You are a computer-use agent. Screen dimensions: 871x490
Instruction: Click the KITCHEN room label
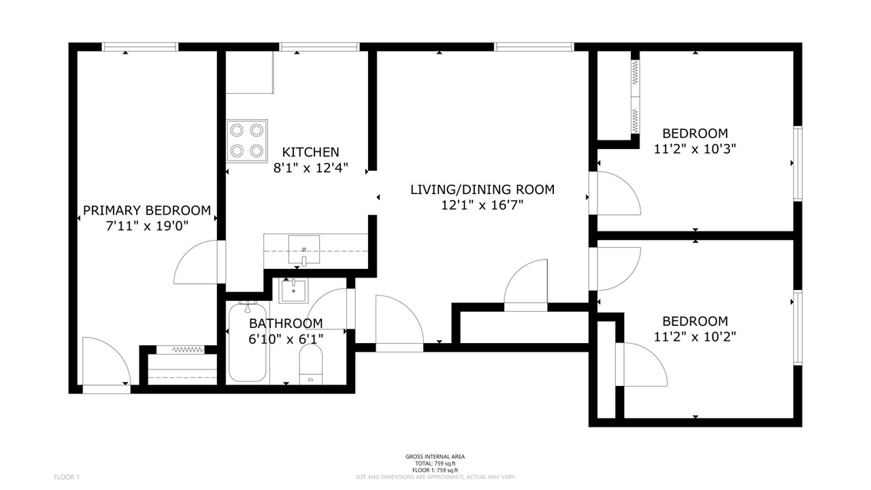(x=310, y=152)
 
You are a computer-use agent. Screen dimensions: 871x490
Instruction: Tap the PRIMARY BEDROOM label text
(x=147, y=210)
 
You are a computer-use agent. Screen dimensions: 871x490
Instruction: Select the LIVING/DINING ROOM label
(x=482, y=190)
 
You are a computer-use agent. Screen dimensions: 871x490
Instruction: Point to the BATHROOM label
(x=286, y=323)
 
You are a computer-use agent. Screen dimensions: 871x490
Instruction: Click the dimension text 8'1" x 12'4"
(x=310, y=167)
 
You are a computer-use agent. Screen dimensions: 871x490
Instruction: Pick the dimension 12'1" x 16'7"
(x=482, y=205)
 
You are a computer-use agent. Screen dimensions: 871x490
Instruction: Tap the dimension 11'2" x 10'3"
(x=695, y=149)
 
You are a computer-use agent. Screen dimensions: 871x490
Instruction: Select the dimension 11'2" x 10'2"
(x=695, y=336)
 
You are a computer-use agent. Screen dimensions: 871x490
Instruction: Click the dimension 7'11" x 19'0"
(x=147, y=226)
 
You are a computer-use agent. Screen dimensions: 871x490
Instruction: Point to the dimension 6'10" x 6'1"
(x=286, y=339)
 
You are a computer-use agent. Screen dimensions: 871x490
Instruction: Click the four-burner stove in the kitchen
(x=247, y=141)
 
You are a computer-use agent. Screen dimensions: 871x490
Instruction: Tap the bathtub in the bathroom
(x=247, y=342)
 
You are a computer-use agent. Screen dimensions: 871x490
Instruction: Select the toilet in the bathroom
(x=311, y=364)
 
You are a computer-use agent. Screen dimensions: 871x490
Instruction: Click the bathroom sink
(x=293, y=291)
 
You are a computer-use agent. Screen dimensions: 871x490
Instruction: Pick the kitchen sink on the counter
(x=303, y=249)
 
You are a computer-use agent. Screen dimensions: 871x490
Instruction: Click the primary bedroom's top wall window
(x=140, y=47)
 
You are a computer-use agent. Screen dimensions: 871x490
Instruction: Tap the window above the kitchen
(x=319, y=47)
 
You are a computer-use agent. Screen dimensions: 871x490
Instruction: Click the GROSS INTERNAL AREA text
(x=435, y=457)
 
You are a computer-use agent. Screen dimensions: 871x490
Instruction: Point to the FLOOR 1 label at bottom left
(x=67, y=477)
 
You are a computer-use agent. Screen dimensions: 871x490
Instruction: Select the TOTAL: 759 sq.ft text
(x=435, y=463)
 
